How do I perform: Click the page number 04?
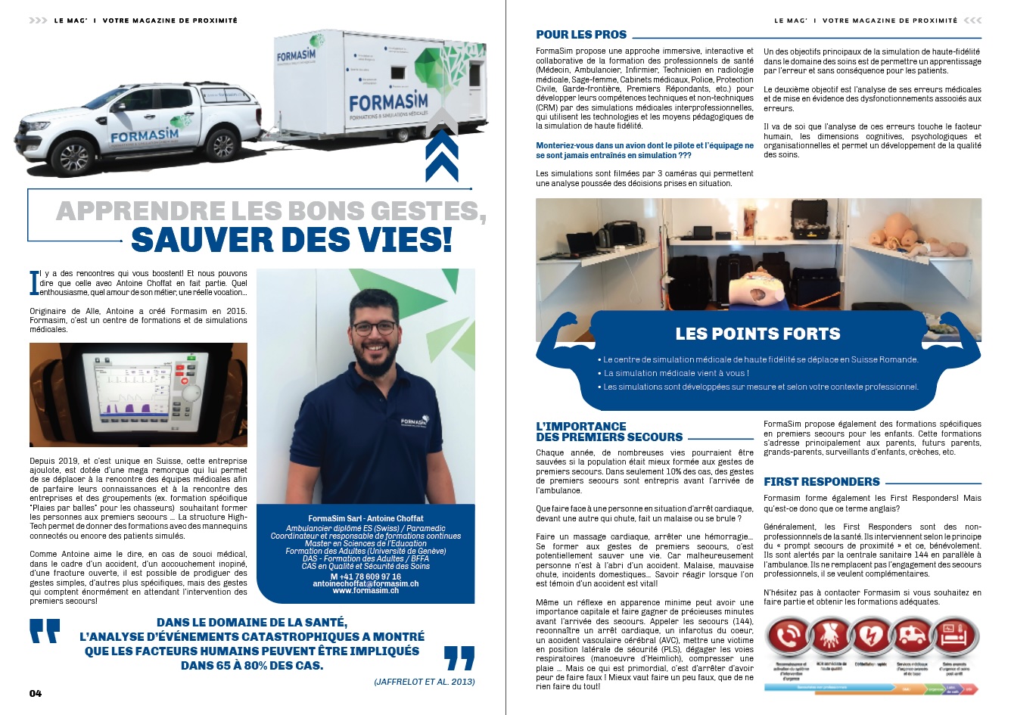[36, 693]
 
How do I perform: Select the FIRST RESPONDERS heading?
[821, 482]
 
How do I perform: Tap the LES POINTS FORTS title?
[757, 334]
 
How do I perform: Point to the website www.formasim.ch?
[366, 591]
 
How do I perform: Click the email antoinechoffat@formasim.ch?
[366, 583]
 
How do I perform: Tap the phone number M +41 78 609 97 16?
[366, 576]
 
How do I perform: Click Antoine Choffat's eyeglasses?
[374, 328]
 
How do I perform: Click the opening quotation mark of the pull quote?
[45, 631]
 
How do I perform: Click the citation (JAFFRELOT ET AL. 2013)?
[425, 682]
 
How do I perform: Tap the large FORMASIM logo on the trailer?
[389, 101]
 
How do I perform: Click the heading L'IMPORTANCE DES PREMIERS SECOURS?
[609, 432]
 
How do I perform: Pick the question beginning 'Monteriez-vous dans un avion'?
[645, 150]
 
